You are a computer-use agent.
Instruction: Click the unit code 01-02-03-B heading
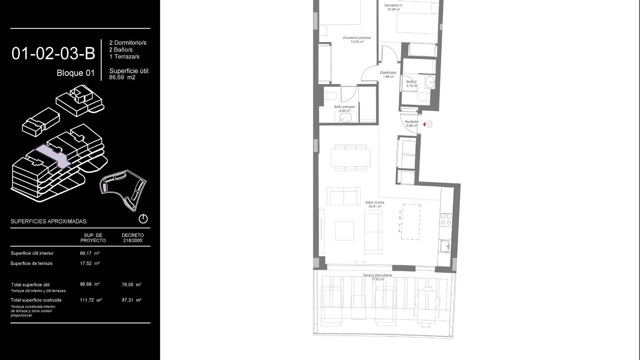coord(53,54)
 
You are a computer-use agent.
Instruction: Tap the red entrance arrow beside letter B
coord(424,124)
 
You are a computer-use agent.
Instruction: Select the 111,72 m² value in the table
coord(91,300)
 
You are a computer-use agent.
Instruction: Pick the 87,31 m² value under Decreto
coord(132,300)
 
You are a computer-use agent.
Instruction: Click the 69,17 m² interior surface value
coord(90,253)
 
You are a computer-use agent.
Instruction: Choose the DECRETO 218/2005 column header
coord(133,238)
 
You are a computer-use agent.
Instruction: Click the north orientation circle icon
coord(143,219)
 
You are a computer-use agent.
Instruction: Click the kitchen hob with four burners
coord(446,219)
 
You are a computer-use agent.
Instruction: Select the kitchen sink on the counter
coord(445,247)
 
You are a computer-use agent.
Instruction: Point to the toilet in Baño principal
coord(330,96)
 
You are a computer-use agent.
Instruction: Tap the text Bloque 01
coord(76,73)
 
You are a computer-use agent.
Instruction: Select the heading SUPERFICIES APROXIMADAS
coord(49,221)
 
